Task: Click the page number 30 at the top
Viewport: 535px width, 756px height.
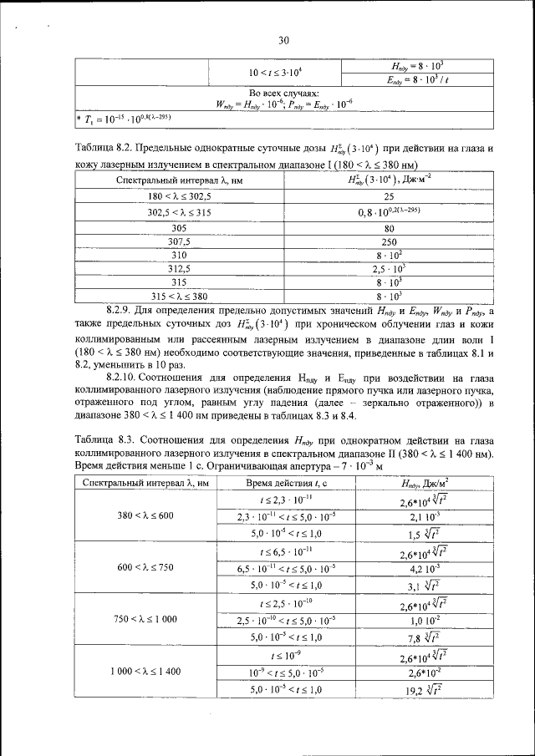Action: (283, 39)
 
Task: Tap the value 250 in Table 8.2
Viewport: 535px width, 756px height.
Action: (389, 241)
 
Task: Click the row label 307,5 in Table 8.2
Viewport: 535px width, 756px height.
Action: (179, 241)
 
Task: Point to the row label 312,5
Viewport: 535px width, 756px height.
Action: (179, 269)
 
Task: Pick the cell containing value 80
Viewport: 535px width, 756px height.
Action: (389, 226)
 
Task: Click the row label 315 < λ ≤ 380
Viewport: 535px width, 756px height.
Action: (179, 296)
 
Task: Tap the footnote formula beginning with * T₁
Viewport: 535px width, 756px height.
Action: (124, 119)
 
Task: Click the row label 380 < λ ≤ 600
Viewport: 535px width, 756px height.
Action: (145, 515)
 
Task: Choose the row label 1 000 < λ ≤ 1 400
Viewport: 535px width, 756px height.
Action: (145, 671)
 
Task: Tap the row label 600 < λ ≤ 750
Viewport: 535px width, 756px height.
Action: (145, 567)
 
